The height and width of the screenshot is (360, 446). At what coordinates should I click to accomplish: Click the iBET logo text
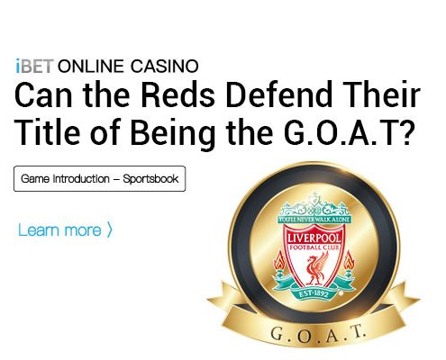pos(35,66)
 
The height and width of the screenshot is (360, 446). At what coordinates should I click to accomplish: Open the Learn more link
pos(59,230)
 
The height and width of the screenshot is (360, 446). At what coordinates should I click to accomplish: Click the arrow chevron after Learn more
pos(109,230)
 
